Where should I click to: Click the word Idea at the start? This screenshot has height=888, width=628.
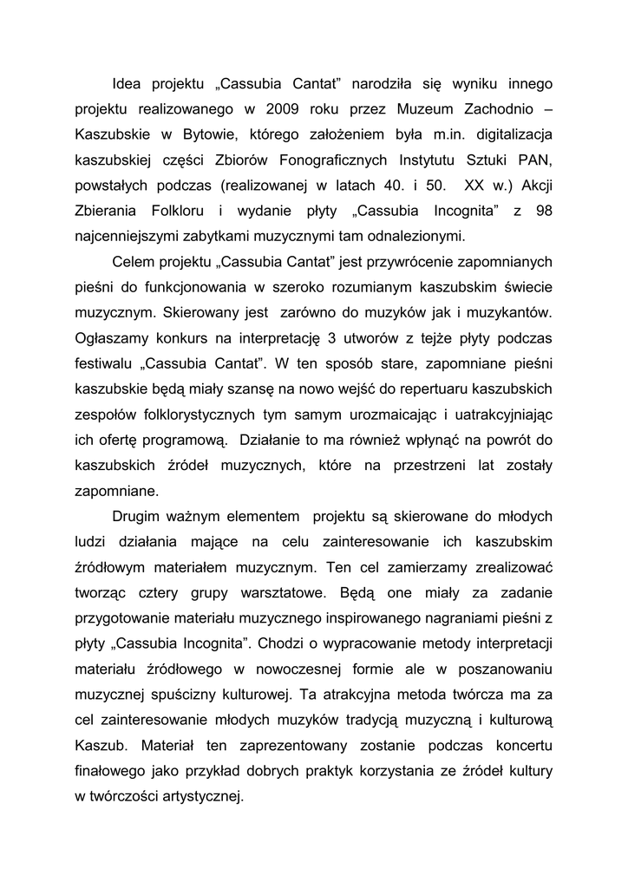(128, 84)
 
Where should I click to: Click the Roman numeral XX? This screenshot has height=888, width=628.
(475, 186)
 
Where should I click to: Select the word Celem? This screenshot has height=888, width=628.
(135, 262)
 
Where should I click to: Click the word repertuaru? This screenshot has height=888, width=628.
(441, 388)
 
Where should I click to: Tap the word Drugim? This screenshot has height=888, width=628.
(140, 516)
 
